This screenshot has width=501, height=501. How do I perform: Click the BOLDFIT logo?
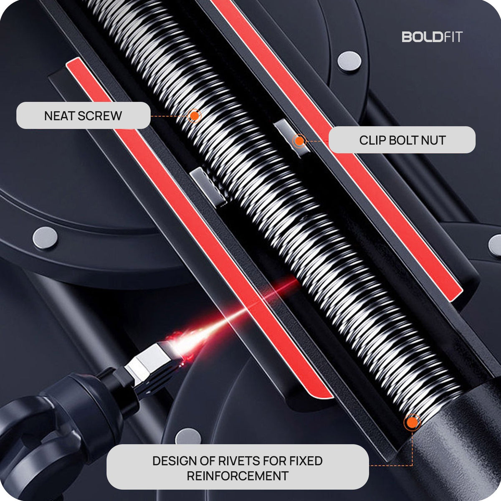[432, 37]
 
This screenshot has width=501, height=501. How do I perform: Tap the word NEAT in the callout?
[60, 116]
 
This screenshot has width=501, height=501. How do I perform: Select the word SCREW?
[100, 116]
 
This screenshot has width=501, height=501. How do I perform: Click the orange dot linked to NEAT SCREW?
[194, 116]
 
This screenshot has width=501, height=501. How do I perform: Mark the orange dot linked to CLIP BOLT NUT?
[300, 141]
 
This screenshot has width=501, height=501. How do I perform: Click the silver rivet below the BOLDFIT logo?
[350, 61]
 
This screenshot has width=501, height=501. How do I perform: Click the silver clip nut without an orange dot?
[208, 187]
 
